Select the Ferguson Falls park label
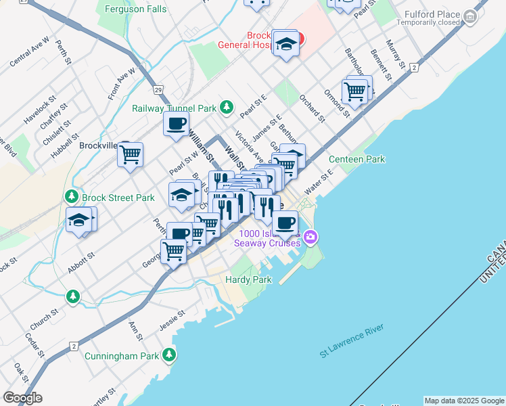[135, 9]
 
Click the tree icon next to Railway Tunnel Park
[227, 107]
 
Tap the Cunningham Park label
[121, 355]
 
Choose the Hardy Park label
[248, 279]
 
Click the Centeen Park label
[356, 159]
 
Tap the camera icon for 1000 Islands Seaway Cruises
[310, 236]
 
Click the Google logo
[22, 397]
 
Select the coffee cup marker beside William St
[177, 124]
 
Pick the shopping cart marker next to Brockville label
[130, 154]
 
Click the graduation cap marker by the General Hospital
[287, 45]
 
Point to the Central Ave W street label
[30, 51]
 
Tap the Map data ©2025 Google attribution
[464, 401]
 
